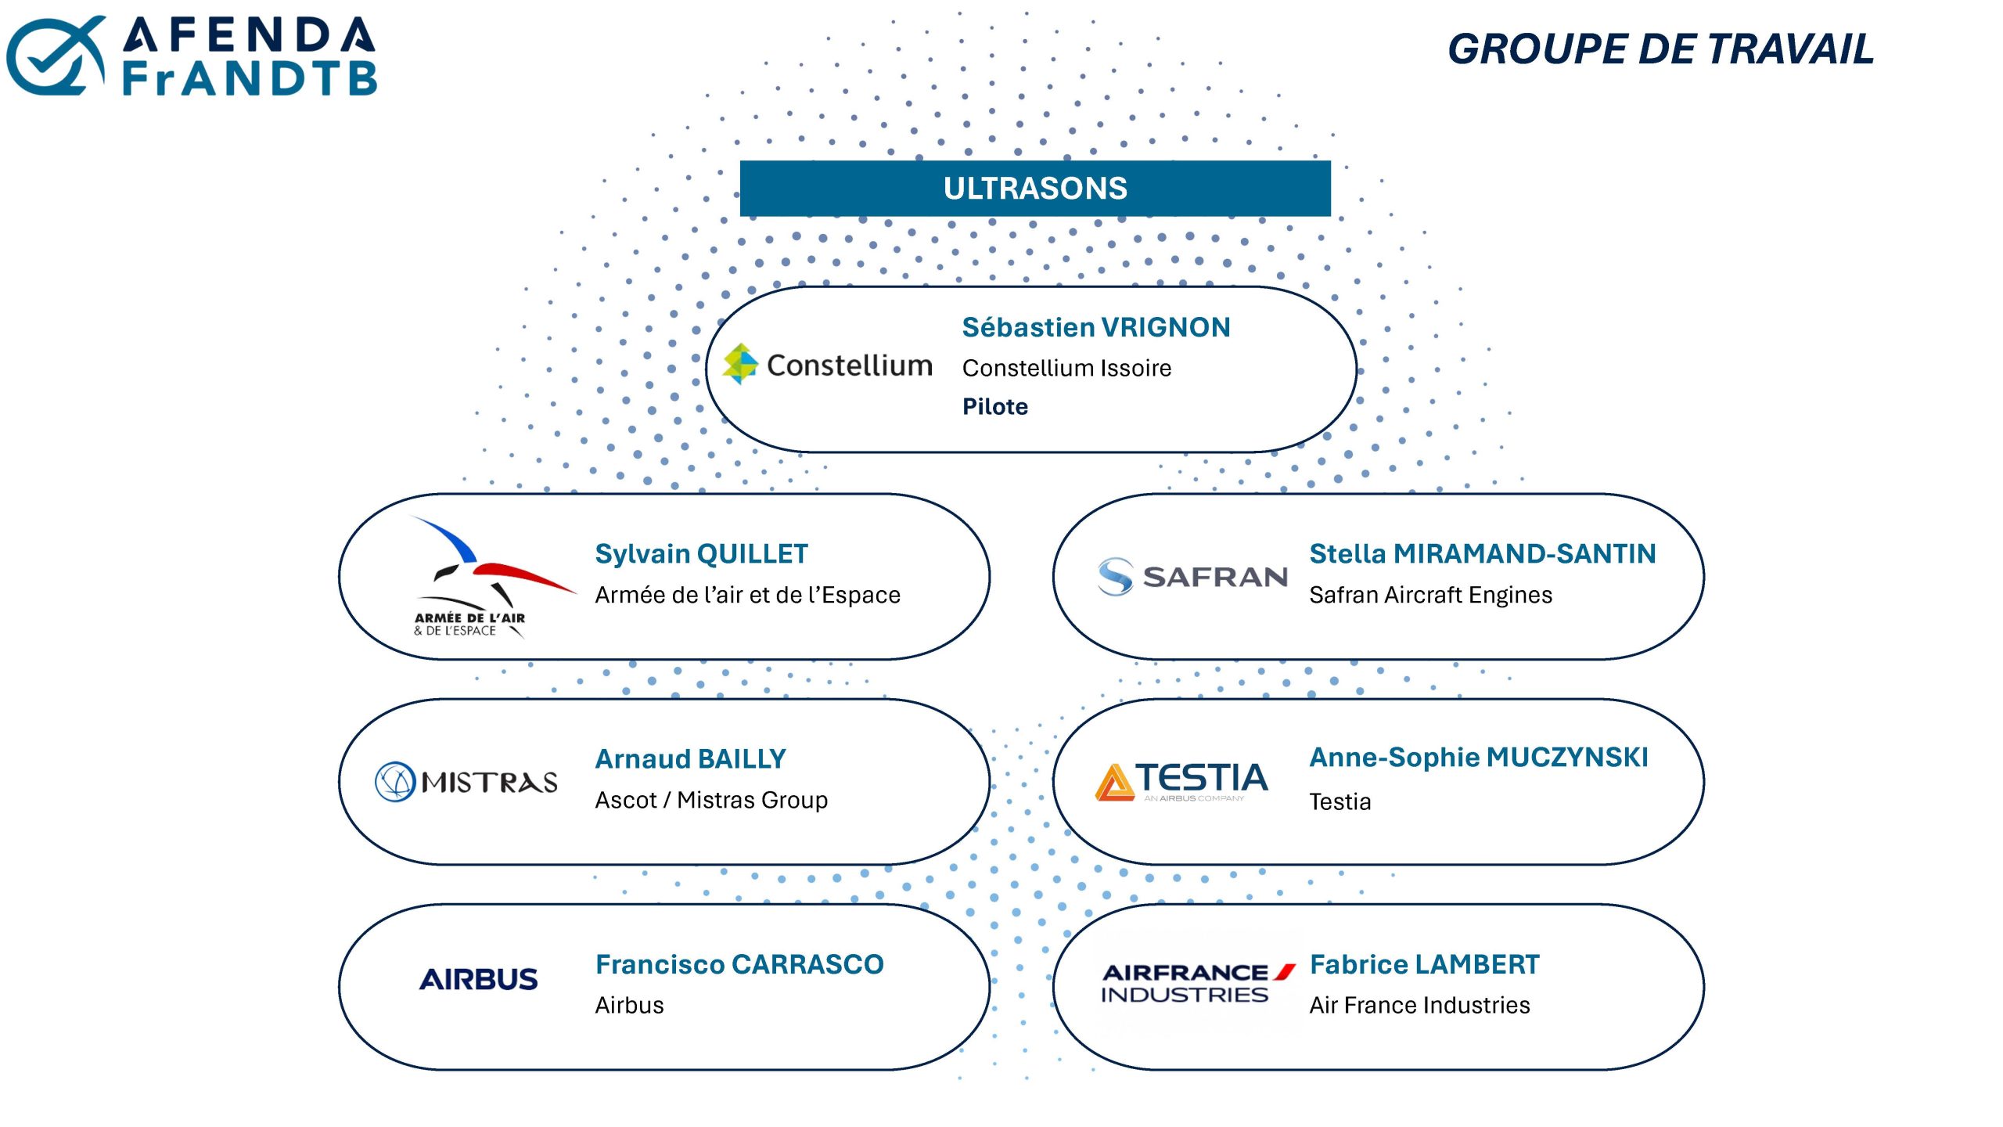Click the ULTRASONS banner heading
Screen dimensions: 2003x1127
pos(1035,189)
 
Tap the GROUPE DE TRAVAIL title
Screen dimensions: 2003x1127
pos(1660,49)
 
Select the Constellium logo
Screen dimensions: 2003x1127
pos(827,365)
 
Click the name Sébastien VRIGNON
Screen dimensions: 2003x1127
pos(1096,327)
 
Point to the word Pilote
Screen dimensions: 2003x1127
pos(995,406)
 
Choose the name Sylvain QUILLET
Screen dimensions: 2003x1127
pos(701,554)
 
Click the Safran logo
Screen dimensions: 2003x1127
pos(1192,577)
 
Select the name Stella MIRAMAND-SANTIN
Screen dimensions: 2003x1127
pos(1483,554)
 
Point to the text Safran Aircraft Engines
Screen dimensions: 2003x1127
pos(1431,595)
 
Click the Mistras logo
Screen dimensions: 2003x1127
pos(466,782)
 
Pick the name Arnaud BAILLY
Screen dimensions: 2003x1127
pos(690,759)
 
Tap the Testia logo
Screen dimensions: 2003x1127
pos(1181,782)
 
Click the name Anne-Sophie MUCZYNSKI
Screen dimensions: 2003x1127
pos(1479,758)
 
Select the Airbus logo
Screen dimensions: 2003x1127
pos(479,979)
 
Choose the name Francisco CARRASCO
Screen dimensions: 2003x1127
pos(739,964)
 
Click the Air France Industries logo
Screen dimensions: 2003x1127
pos(1197,983)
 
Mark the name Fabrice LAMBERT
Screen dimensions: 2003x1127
pos(1424,964)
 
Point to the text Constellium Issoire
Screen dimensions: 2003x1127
pos(1066,368)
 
